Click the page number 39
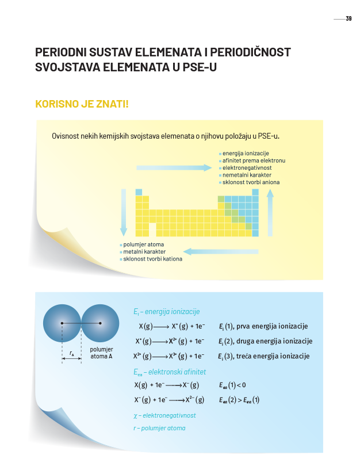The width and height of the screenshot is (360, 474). click(x=348, y=19)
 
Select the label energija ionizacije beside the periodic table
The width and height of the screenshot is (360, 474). click(x=246, y=154)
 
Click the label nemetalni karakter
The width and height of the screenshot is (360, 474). click(x=247, y=175)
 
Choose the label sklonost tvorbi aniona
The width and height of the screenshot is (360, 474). click(x=252, y=182)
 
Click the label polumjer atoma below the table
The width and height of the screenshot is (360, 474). click(x=143, y=244)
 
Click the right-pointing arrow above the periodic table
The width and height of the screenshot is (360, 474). click(x=174, y=167)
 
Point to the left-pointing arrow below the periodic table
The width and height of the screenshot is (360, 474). click(x=221, y=251)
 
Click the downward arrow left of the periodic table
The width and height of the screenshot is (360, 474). click(x=123, y=212)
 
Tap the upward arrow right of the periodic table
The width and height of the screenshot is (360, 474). click(x=270, y=212)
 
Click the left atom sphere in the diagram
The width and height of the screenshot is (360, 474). click(x=62, y=323)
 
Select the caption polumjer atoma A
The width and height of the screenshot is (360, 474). click(x=101, y=353)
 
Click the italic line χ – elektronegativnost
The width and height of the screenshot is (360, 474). click(x=164, y=415)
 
